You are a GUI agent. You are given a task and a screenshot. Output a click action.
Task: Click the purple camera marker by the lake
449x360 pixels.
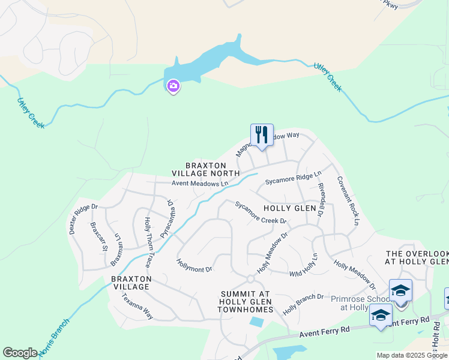click(173, 87)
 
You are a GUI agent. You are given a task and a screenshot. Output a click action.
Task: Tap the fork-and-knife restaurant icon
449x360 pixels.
click(262, 134)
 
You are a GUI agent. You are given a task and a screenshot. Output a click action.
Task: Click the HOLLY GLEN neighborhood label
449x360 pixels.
click(290, 208)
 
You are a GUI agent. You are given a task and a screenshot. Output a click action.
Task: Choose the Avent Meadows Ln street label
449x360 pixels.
click(200, 184)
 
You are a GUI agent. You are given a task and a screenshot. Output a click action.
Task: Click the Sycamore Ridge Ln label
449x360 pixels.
click(289, 178)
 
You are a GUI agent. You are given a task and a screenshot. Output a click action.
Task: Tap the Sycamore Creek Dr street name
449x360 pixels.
click(261, 212)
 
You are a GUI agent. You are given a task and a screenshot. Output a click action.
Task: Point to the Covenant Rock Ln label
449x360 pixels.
click(348, 201)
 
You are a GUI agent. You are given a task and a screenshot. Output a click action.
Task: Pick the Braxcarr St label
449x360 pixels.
click(98, 237)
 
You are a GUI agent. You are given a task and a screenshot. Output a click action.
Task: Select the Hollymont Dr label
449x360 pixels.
click(194, 265)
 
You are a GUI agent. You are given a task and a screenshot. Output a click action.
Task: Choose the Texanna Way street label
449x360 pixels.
click(137, 306)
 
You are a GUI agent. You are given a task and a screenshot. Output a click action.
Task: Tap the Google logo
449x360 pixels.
click(20, 353)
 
